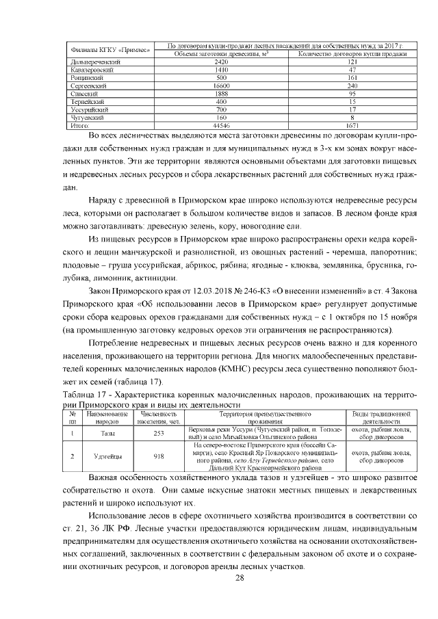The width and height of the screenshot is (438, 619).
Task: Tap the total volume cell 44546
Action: [x=220, y=125]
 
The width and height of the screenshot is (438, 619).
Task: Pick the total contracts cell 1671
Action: [x=352, y=125]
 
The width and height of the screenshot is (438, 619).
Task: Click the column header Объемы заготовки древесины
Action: [x=220, y=53]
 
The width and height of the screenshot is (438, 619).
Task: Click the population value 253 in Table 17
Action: [x=159, y=433]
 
